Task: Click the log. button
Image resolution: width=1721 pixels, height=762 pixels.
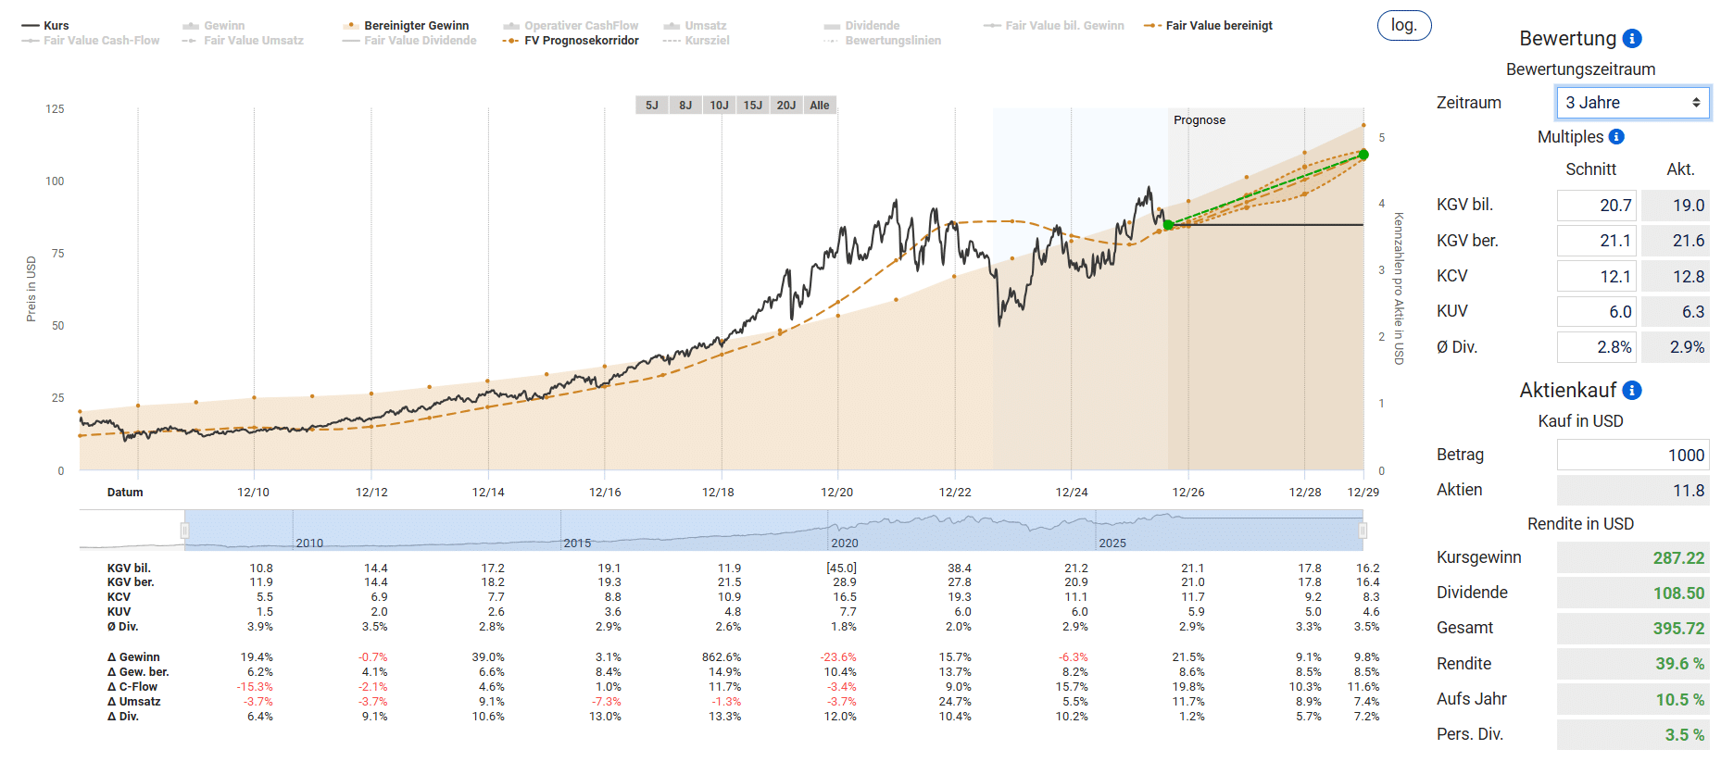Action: (1404, 26)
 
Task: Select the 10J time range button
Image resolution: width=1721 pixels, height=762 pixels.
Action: (719, 106)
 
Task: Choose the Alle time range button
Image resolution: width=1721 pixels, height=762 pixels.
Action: (820, 106)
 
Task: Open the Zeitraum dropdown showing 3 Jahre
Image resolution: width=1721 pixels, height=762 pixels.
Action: (1633, 103)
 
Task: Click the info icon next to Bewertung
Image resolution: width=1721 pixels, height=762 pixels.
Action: (1633, 38)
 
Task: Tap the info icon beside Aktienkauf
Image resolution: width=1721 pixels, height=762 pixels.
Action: (1633, 391)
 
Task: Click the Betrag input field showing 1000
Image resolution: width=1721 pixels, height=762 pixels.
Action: (1633, 455)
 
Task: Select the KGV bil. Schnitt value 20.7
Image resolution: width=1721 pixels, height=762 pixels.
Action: (1597, 206)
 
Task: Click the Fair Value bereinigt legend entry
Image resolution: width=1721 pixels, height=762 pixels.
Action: (1209, 26)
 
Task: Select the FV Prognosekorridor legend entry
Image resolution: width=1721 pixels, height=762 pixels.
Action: (571, 41)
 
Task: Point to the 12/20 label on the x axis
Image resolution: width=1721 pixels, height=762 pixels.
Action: (837, 493)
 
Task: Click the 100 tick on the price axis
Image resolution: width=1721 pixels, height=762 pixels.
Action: (55, 181)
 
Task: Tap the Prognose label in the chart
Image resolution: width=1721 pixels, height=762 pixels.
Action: (1200, 120)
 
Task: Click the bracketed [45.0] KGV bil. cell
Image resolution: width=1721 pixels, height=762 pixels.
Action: (842, 568)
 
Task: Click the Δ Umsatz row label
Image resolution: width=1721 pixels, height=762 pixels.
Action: (134, 702)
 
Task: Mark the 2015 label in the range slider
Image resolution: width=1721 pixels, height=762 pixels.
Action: (577, 543)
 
